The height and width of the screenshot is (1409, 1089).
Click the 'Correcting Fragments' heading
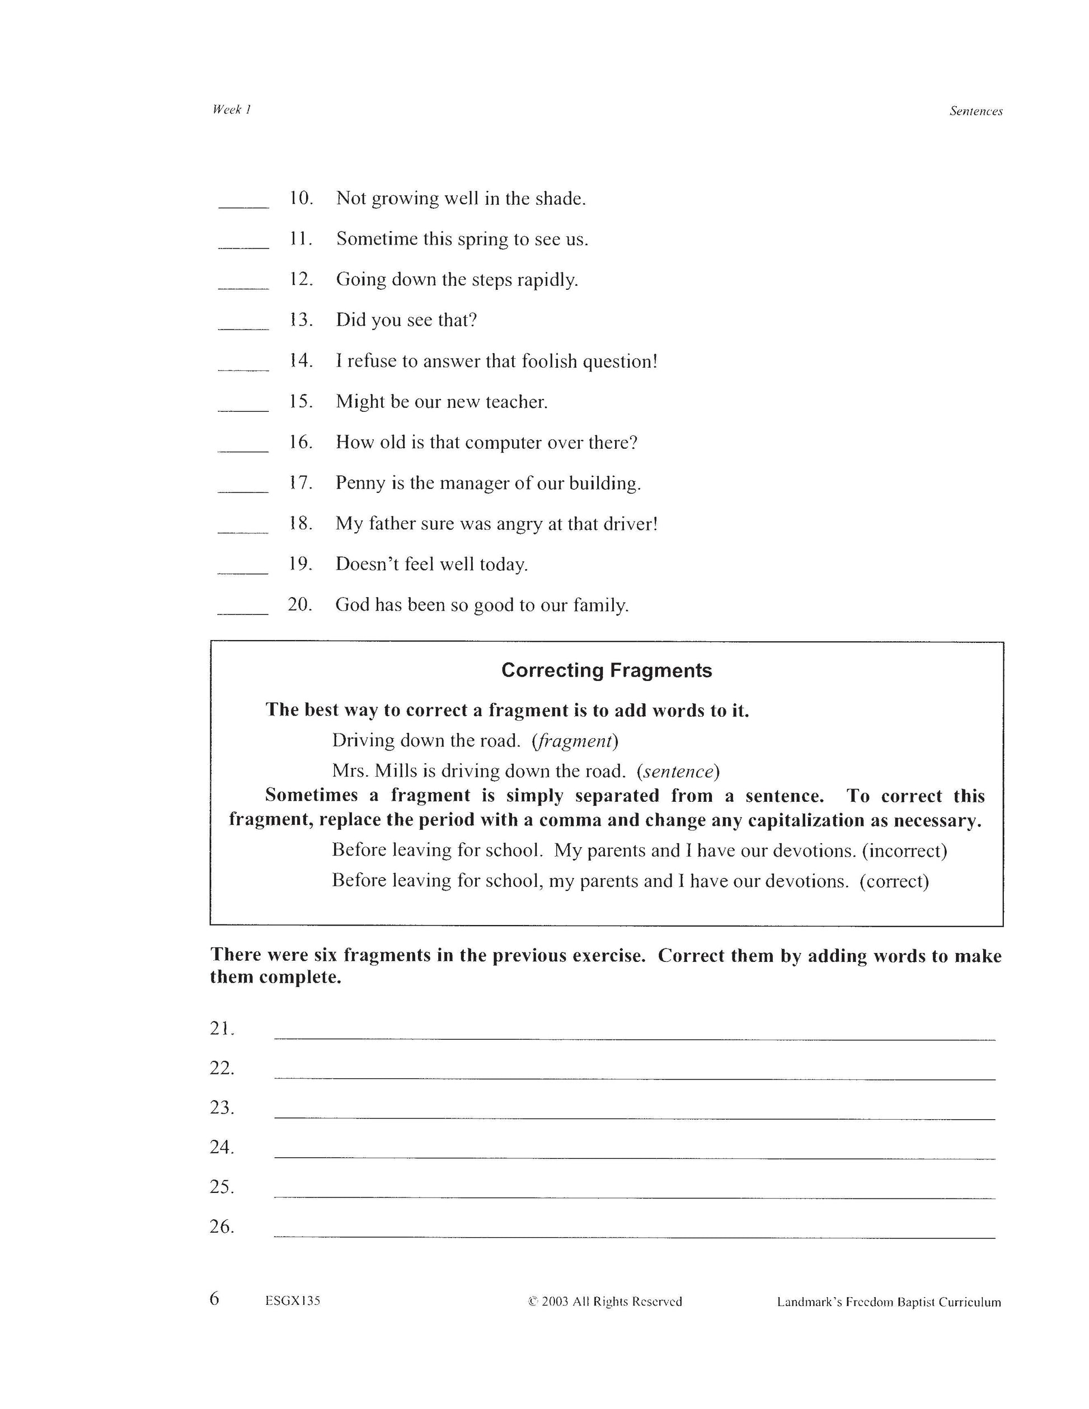(x=606, y=670)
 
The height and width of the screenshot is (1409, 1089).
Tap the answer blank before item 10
(x=243, y=204)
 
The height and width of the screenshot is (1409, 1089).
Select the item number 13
(x=301, y=320)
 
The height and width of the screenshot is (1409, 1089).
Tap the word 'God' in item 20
(x=351, y=605)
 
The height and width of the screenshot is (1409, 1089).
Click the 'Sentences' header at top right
(x=975, y=111)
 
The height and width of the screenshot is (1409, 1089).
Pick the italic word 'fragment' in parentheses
(x=574, y=741)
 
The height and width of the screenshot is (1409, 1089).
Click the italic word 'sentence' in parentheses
(x=677, y=772)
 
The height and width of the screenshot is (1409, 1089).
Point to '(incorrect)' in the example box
(x=904, y=851)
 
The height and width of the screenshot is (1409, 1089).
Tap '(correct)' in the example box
(x=894, y=881)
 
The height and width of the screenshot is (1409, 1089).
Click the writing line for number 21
(x=634, y=1036)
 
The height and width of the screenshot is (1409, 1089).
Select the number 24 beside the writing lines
(x=221, y=1147)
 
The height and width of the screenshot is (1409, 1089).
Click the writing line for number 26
(x=634, y=1234)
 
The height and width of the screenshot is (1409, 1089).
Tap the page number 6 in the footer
(x=215, y=1299)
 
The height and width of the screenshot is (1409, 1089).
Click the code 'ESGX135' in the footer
(x=292, y=1301)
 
